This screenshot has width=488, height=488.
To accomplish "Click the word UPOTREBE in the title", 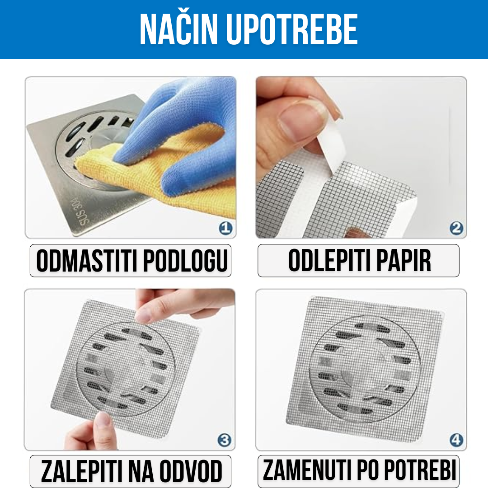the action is pos(291,29).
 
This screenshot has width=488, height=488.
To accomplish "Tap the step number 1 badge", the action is pos(225,228).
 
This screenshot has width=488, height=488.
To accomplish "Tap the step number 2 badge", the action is pos(456,228).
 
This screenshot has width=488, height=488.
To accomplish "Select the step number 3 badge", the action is pos(225,440).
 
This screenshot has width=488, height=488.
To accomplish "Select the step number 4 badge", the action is pos(456,440).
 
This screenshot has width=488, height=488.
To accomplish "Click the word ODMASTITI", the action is pos(87,261).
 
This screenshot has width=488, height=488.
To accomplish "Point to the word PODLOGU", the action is pos(186,261).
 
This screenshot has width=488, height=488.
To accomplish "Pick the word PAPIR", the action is pos(404,261).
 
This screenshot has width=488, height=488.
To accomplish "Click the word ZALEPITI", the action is pos(80,471).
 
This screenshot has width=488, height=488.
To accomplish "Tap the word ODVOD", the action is pos(192,471).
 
